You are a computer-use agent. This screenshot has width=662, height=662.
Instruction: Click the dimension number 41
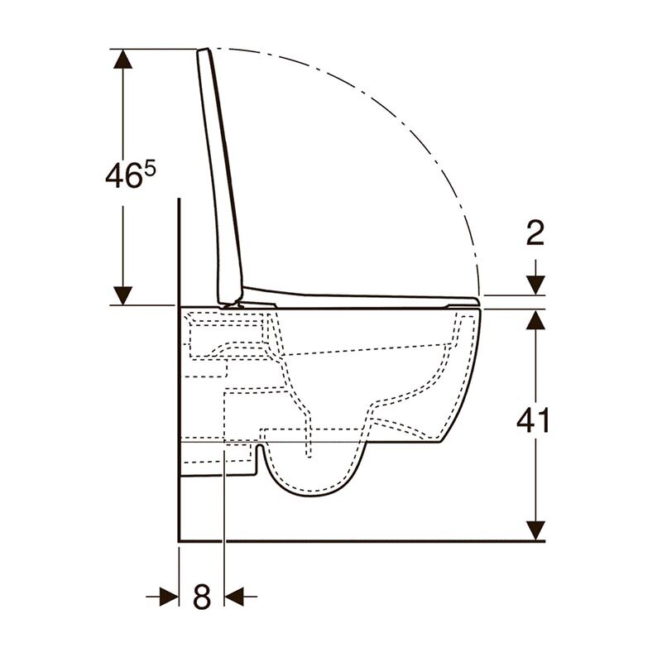tap(533, 420)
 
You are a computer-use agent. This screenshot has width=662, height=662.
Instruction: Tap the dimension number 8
tap(202, 596)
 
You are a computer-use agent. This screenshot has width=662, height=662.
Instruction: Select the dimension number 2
tap(535, 233)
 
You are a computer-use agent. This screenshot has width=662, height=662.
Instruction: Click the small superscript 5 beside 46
tap(151, 170)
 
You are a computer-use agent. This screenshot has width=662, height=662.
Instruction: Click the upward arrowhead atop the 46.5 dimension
tap(122, 59)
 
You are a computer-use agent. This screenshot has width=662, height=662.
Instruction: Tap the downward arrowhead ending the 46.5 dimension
tap(122, 295)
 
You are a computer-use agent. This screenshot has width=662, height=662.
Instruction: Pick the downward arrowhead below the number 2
tap(535, 285)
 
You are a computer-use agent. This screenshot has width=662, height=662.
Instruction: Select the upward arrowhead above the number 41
tap(535, 319)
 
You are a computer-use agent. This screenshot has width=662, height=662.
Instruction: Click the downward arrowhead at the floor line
tap(535, 530)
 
